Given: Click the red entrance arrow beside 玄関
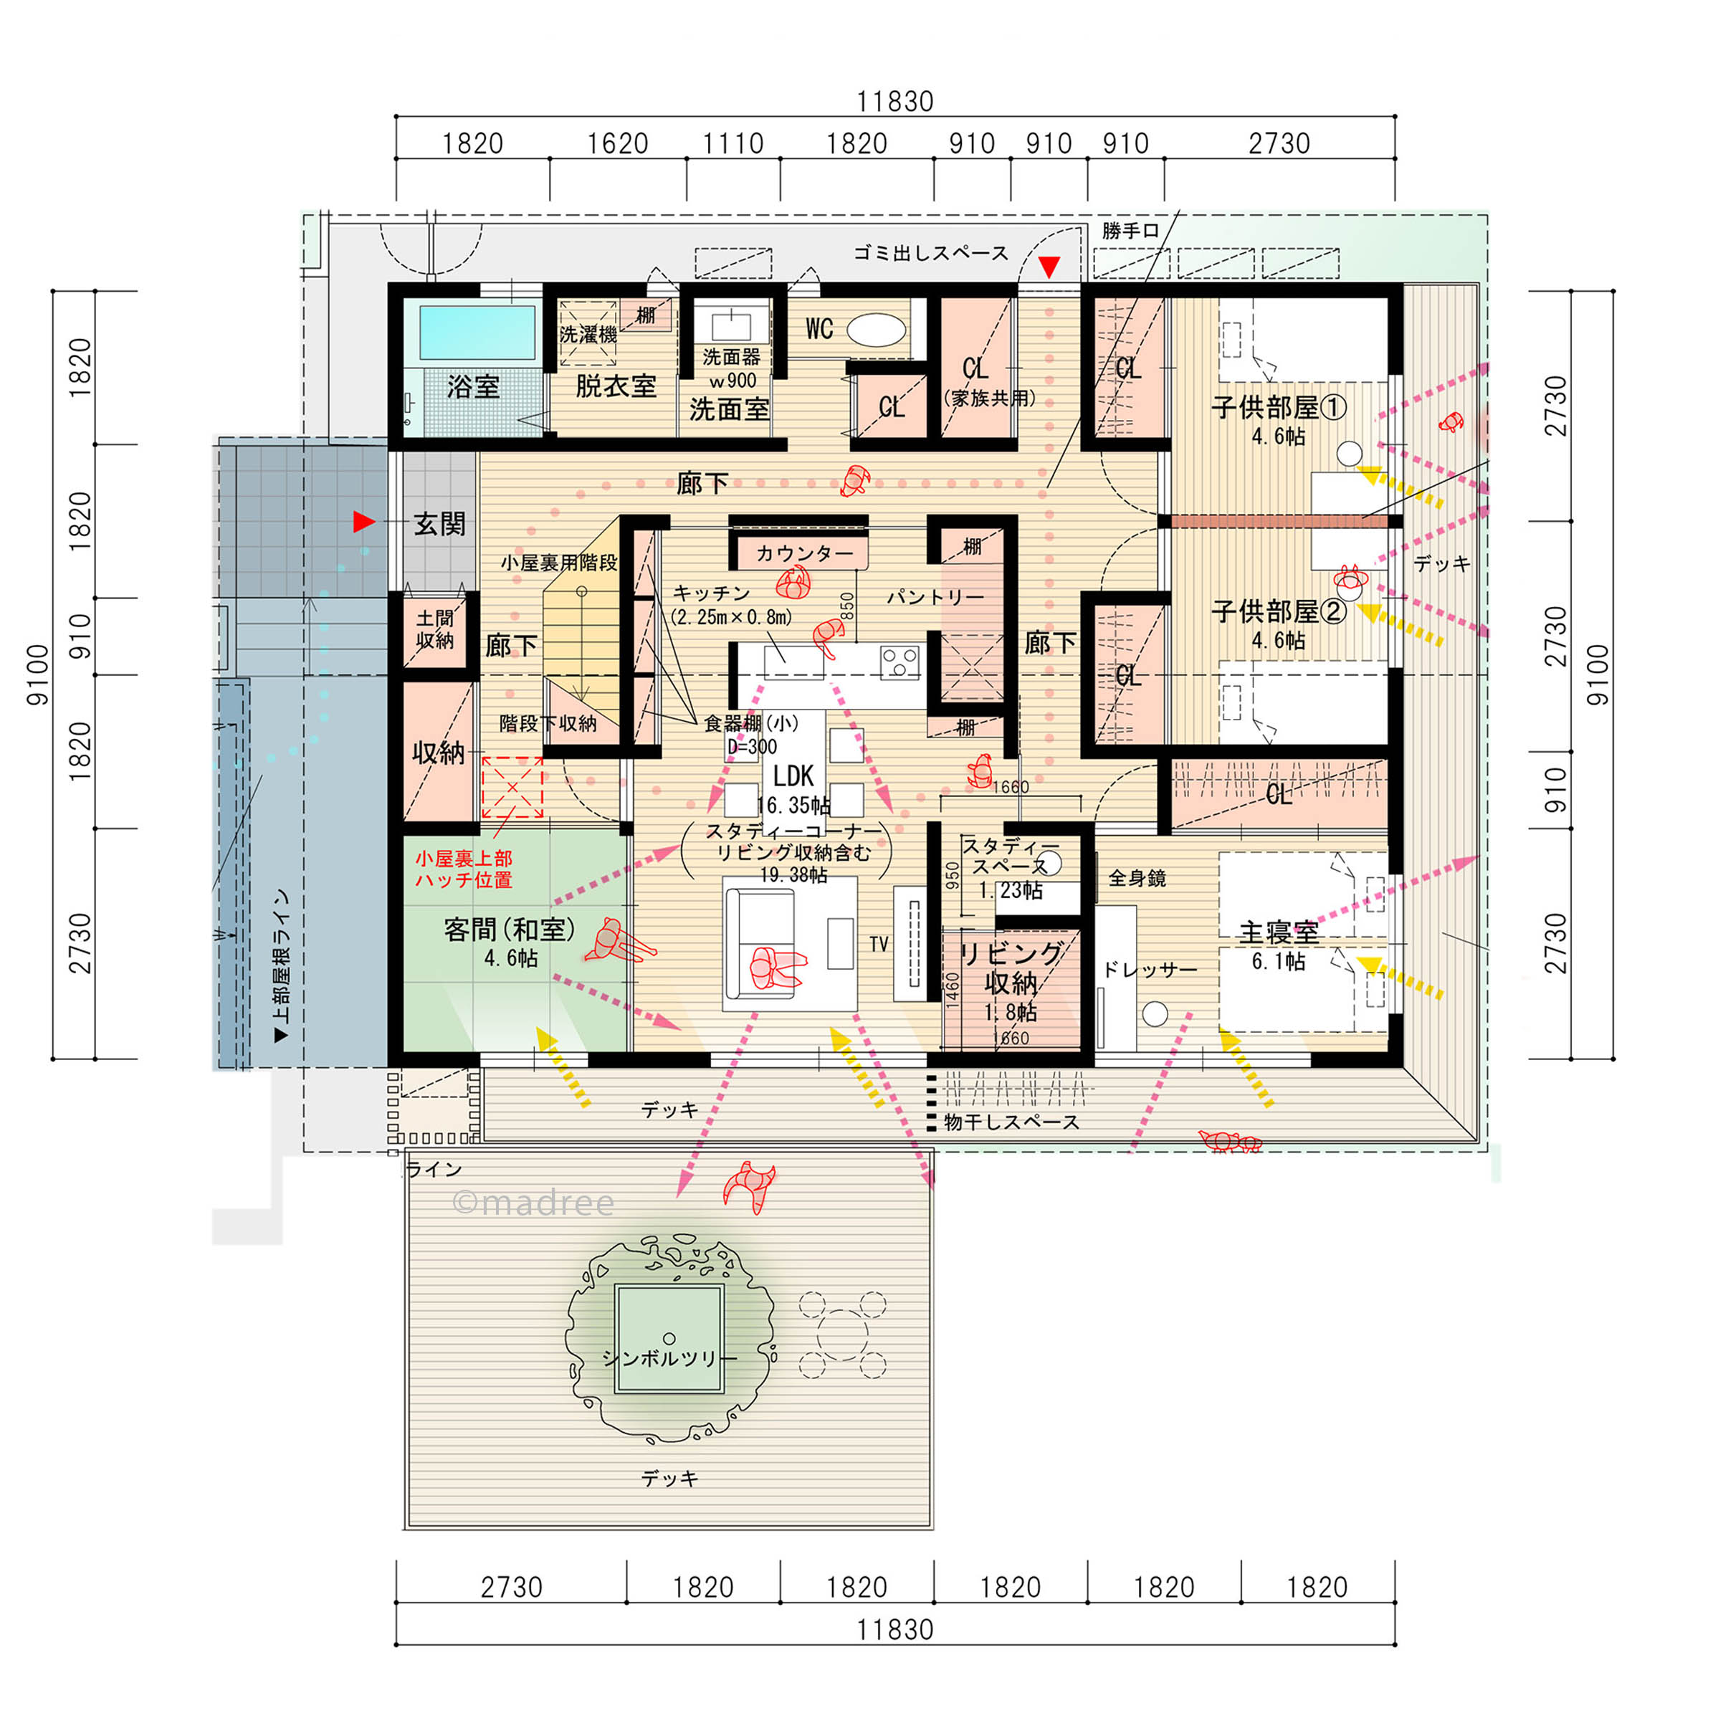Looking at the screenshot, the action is pyautogui.click(x=363, y=522).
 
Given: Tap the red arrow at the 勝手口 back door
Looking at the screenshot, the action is pyautogui.click(x=1050, y=267).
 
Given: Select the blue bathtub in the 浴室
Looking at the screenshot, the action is pyautogui.click(x=477, y=333).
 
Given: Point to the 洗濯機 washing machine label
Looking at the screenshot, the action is pyautogui.click(x=588, y=334).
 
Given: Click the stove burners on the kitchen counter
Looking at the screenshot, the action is pyautogui.click(x=899, y=662).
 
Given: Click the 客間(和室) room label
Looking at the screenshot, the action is pyautogui.click(x=510, y=930).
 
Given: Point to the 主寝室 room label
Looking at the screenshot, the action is pyautogui.click(x=1279, y=932).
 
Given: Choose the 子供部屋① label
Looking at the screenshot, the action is pyautogui.click(x=1279, y=407).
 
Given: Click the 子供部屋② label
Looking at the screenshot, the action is pyautogui.click(x=1279, y=612).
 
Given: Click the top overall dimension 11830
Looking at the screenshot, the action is pyautogui.click(x=894, y=101).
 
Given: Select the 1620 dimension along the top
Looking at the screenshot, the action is pyautogui.click(x=618, y=143).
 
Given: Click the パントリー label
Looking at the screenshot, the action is pyautogui.click(x=935, y=598).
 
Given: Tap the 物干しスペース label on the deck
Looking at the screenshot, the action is pyautogui.click(x=1012, y=1122).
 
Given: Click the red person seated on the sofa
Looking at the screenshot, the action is pyautogui.click(x=776, y=967).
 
